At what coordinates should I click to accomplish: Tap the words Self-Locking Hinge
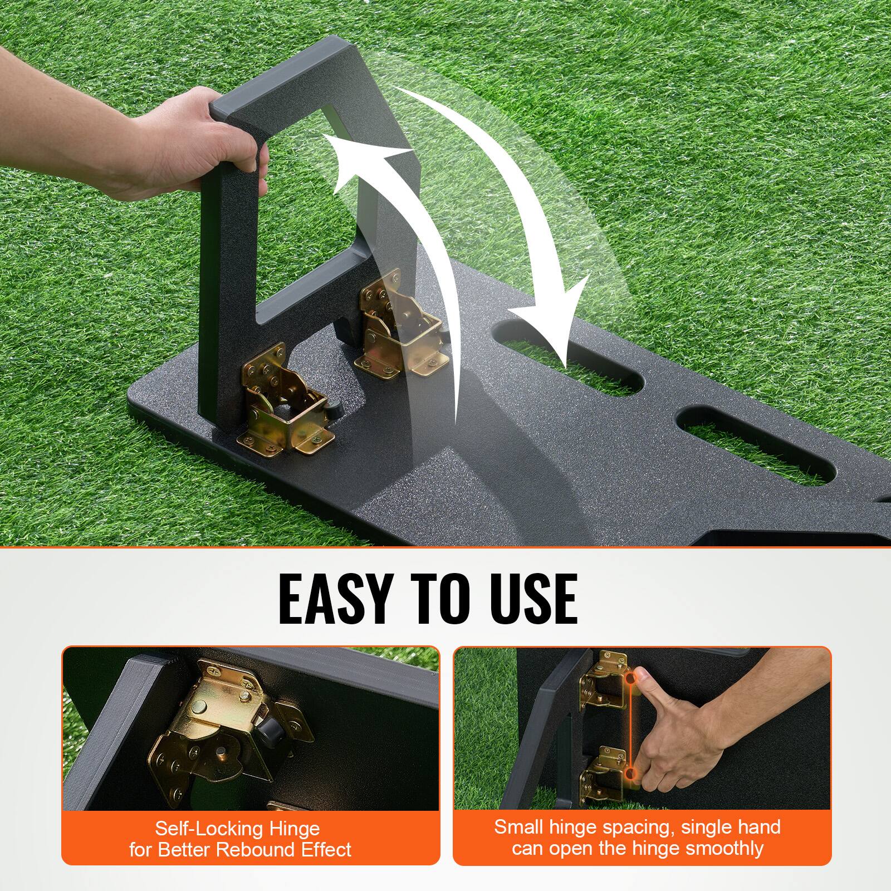click(237, 828)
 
